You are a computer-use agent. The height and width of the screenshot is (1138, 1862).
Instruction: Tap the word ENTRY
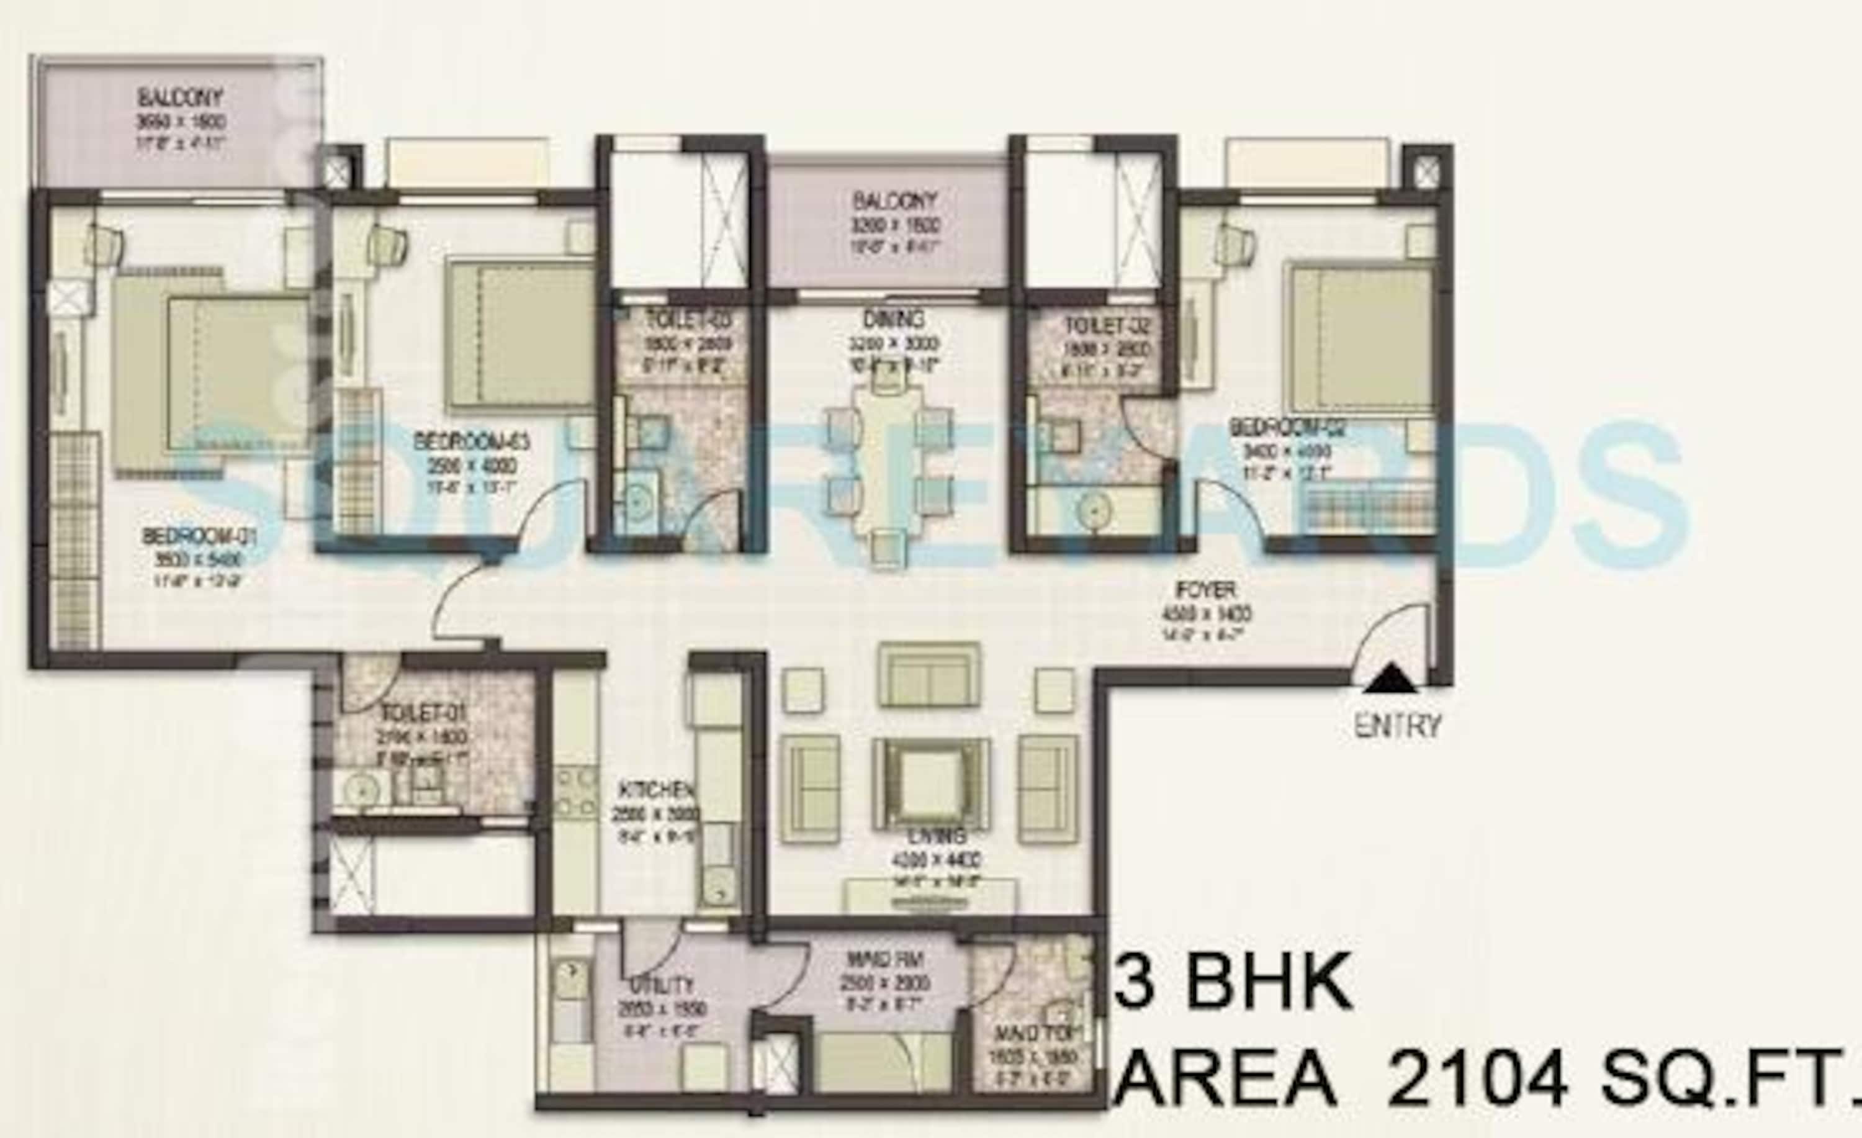click(x=1397, y=726)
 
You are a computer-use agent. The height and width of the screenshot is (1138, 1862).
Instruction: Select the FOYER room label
click(x=1205, y=589)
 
